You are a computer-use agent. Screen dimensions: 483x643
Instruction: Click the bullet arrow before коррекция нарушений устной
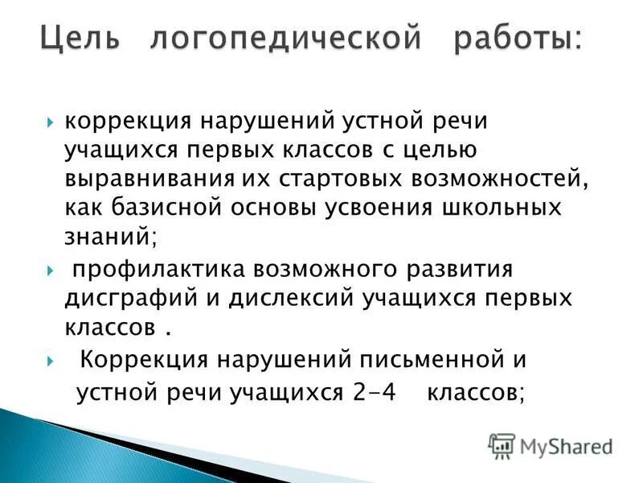point(51,122)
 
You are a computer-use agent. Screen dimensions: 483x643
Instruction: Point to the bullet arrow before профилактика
point(51,268)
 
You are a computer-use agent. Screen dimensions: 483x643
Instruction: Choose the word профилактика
point(164,267)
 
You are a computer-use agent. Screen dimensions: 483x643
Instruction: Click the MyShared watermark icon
point(502,444)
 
